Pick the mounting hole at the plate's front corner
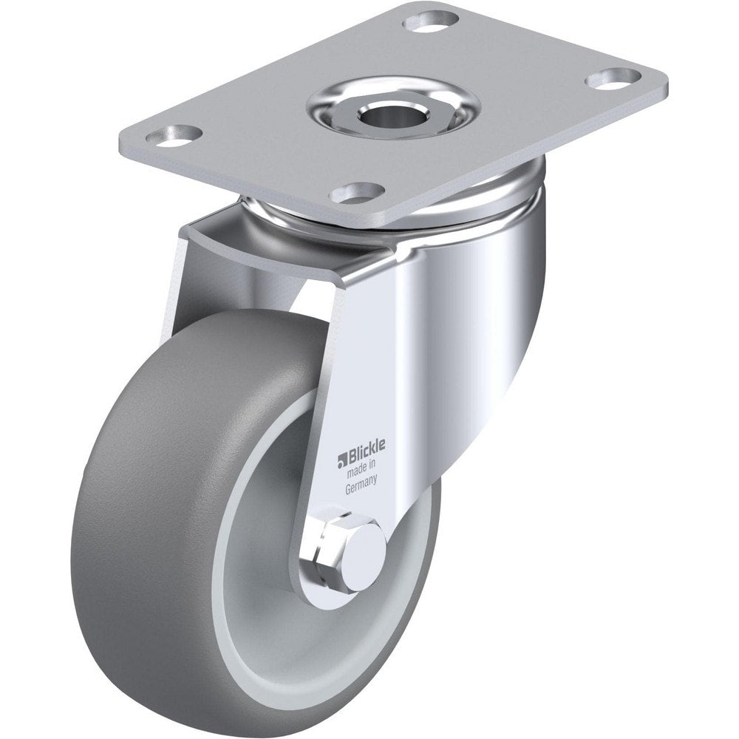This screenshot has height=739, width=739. click(x=356, y=194)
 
